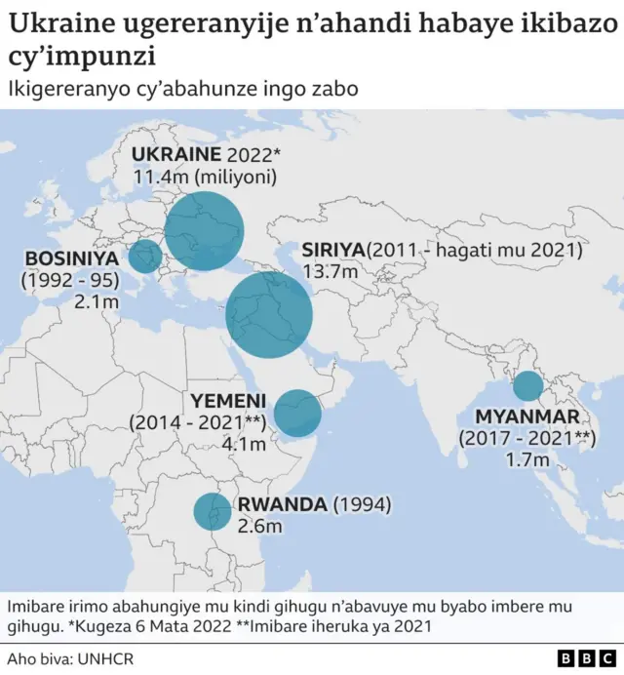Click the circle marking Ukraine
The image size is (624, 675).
click(204, 230)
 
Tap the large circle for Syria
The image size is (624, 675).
click(269, 316)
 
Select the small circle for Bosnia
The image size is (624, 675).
click(145, 257)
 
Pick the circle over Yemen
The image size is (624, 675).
click(297, 414)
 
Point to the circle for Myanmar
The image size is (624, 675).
click(527, 386)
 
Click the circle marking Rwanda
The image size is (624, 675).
click(211, 512)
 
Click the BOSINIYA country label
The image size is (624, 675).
click(71, 258)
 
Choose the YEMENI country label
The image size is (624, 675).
click(227, 401)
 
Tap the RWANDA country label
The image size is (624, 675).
click(283, 504)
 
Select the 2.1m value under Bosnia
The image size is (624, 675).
click(97, 302)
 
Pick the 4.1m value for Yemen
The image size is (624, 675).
click(243, 444)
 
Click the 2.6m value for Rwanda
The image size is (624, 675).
click(260, 527)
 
